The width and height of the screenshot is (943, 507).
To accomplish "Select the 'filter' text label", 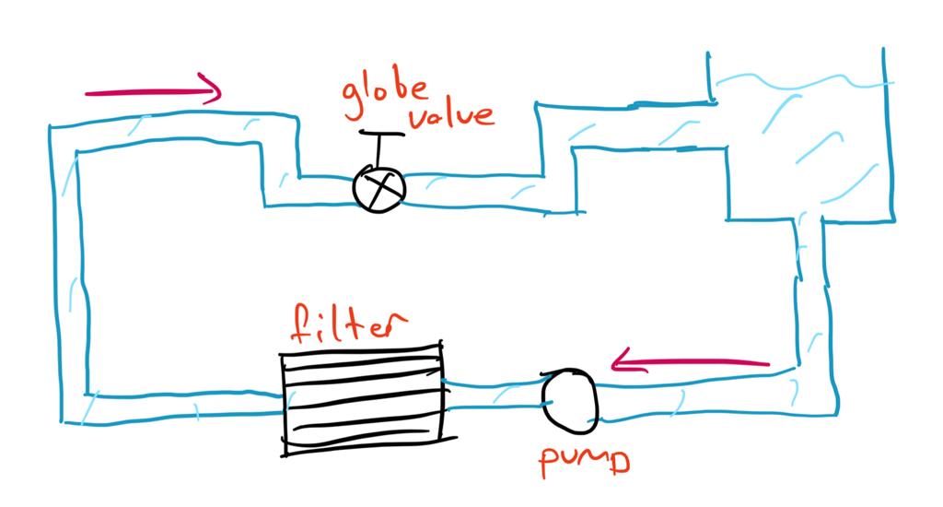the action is point(347,325).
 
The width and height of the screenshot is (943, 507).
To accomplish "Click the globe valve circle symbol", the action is point(379,188).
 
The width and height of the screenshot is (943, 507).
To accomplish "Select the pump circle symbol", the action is point(570,400).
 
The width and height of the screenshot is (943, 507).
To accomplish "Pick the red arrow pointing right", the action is point(152,91).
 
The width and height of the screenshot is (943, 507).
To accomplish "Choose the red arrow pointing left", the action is point(691,361).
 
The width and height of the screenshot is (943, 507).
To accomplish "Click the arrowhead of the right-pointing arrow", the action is point(213,89).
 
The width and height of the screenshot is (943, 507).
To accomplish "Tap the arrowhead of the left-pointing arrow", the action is point(623,360).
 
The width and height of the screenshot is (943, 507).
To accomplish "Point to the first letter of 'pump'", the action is point(550,464).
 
